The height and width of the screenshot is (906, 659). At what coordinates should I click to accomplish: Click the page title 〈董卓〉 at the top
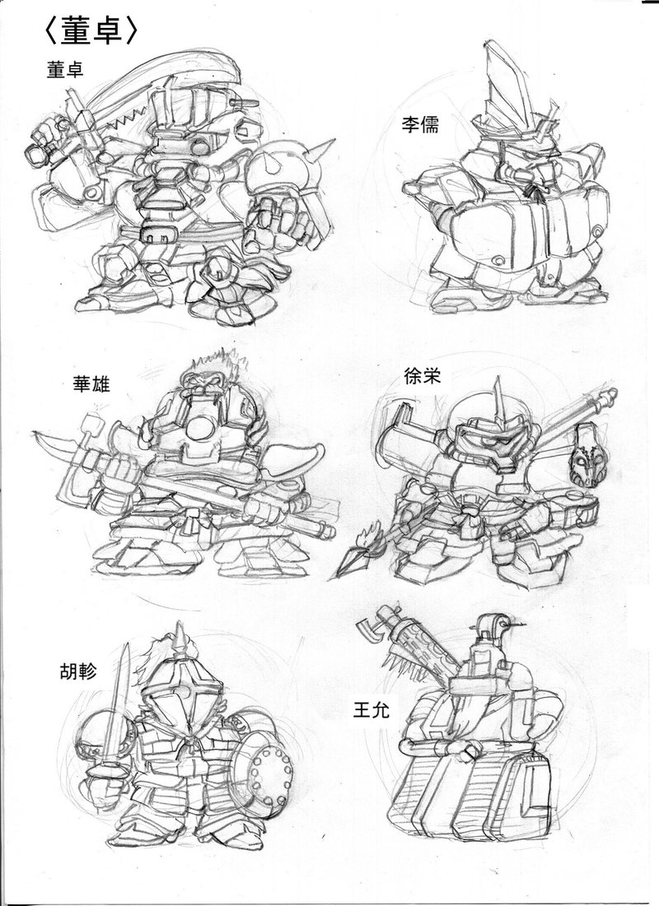[x=91, y=32]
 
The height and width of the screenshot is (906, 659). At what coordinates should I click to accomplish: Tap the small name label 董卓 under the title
[x=65, y=69]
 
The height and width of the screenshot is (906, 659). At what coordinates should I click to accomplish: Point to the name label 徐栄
[x=423, y=376]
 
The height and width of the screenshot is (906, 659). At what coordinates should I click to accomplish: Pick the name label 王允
[x=371, y=709]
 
